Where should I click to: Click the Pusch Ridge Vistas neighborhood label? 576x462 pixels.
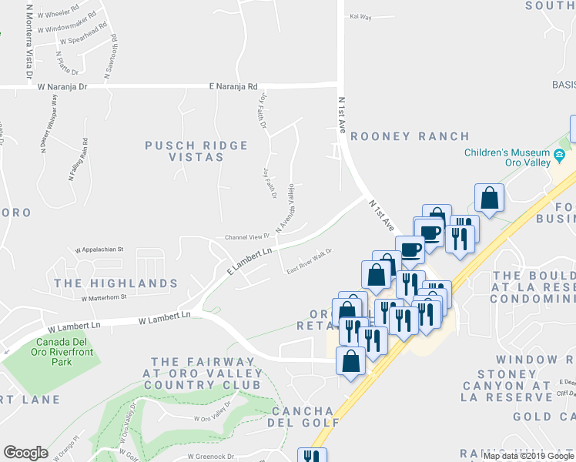(x=196, y=151)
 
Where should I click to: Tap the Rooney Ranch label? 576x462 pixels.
(x=410, y=136)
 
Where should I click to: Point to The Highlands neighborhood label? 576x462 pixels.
(x=116, y=283)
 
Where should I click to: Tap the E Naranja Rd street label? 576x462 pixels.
(x=236, y=87)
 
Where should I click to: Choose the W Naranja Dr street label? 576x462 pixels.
(x=62, y=87)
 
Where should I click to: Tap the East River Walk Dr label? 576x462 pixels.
(x=308, y=261)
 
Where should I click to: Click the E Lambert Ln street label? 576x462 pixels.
(x=250, y=263)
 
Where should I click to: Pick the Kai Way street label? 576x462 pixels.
(x=360, y=16)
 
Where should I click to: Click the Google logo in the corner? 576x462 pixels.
(x=25, y=453)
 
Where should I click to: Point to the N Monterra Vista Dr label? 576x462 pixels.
(x=29, y=42)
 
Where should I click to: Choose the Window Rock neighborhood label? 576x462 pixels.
(x=534, y=360)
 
